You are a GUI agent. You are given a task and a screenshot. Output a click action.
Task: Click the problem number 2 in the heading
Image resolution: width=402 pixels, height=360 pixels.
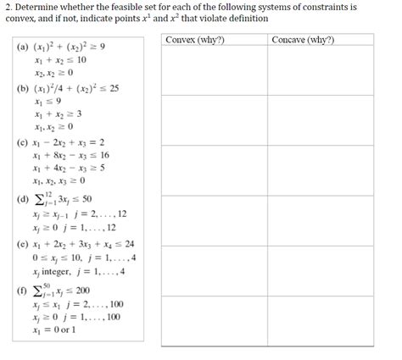(x=8, y=7)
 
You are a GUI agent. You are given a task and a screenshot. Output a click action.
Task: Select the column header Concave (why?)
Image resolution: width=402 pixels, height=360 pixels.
(x=304, y=40)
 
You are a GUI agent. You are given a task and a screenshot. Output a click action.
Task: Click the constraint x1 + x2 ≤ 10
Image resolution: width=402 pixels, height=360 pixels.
(x=60, y=61)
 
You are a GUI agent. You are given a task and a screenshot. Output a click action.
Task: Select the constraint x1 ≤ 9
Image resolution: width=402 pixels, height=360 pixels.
(x=46, y=101)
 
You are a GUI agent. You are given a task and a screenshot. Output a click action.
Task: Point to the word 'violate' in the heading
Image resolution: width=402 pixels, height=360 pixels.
(x=185, y=18)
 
